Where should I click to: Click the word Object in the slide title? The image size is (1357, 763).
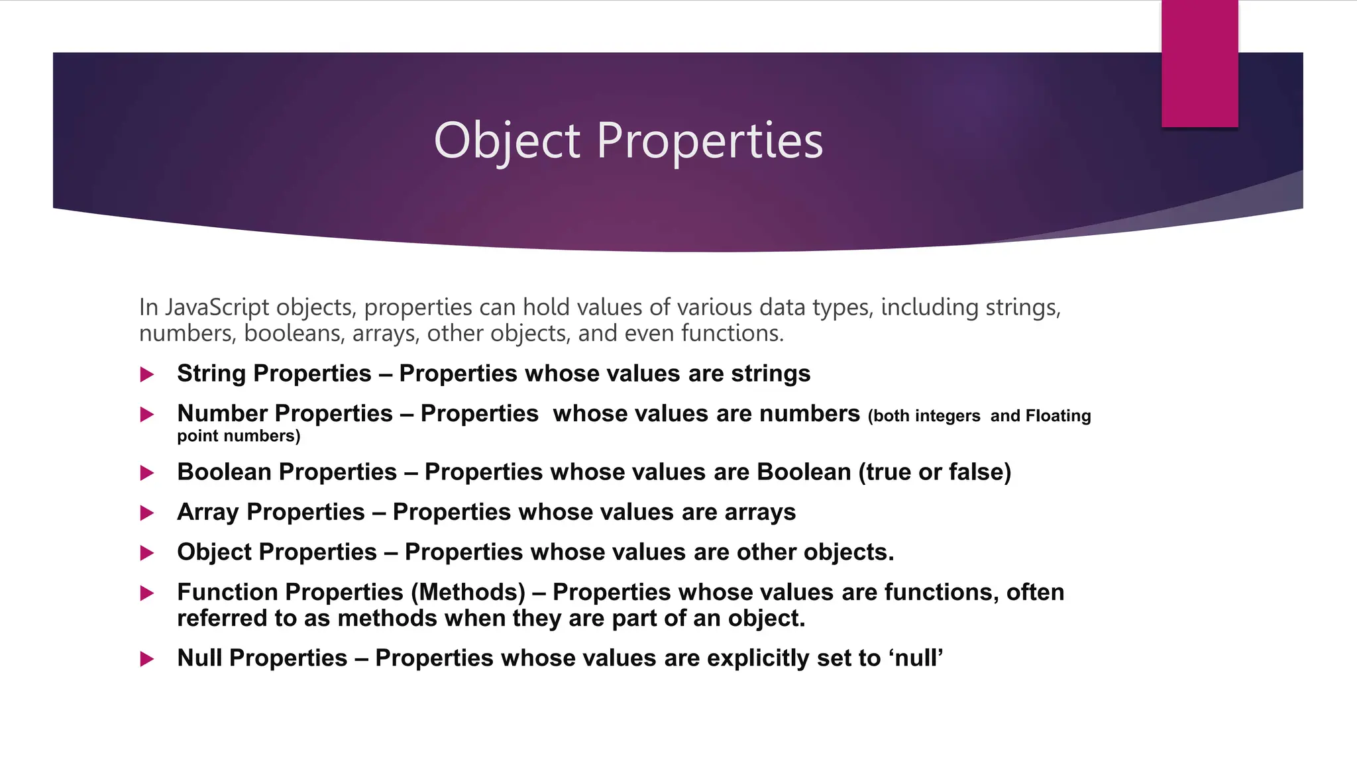(x=507, y=141)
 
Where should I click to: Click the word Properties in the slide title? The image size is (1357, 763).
(x=710, y=141)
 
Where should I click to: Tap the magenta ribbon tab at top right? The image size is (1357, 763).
(x=1199, y=64)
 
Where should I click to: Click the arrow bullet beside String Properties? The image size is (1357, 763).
(x=147, y=375)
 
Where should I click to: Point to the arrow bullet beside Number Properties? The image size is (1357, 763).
(x=147, y=415)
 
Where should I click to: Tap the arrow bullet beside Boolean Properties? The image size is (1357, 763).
(x=147, y=473)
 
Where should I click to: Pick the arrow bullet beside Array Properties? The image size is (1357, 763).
(x=147, y=513)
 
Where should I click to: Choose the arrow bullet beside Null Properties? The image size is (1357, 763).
(x=147, y=659)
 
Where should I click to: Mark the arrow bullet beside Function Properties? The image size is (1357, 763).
(x=147, y=593)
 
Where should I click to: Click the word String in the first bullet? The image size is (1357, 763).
(x=211, y=374)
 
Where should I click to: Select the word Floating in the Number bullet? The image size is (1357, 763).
(x=1058, y=416)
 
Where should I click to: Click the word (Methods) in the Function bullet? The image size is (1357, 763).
(x=468, y=592)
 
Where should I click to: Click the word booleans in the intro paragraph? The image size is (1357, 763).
(x=294, y=333)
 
